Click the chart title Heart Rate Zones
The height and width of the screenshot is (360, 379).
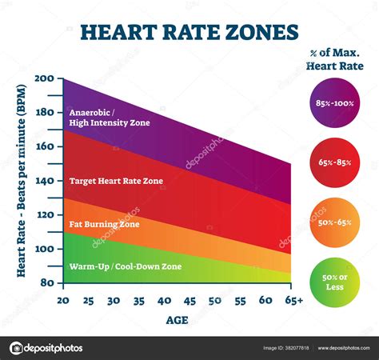tap(189, 33)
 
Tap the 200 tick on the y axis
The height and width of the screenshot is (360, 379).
tap(45, 78)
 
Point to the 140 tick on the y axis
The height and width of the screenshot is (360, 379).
tap(45, 181)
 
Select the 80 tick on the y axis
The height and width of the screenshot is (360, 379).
tap(46, 282)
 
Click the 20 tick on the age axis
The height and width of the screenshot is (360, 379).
tap(62, 300)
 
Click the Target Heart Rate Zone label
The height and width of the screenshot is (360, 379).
tap(116, 181)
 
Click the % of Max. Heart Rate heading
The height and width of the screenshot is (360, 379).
tap(335, 59)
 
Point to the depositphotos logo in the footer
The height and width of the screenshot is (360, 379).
tap(46, 348)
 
